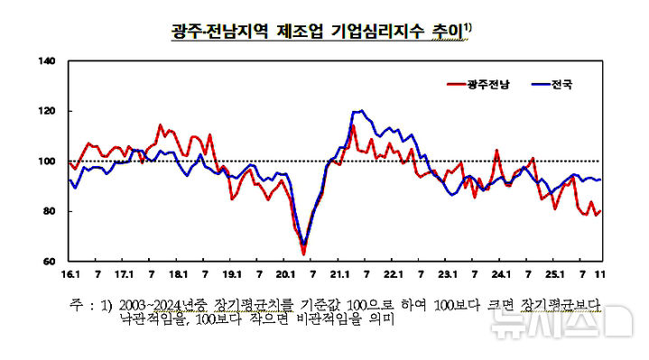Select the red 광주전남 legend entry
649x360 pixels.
487,86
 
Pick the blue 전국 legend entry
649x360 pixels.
560,86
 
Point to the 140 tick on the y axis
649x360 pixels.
48,62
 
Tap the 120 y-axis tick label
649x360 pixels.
48,112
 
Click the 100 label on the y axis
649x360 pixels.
48,162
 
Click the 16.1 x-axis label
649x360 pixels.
70,272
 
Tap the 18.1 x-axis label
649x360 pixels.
178,272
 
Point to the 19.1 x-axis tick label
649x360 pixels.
232,272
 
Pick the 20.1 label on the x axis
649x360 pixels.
285,272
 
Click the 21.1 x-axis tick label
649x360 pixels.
339,272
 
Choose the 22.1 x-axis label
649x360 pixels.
394,272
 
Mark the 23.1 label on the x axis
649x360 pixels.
447,272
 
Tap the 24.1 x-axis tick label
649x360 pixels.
501,272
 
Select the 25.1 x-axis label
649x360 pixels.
554,272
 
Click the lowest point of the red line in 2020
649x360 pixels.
304,254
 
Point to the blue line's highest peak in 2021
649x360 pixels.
361,111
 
